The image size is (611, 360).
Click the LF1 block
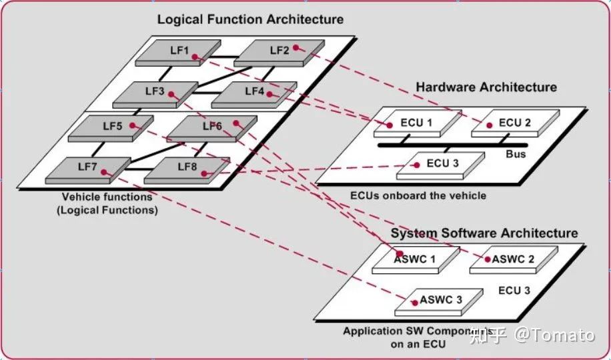coord(178,52)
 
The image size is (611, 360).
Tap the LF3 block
coord(155,93)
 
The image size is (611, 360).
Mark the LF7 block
coord(87,168)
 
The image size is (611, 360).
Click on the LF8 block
coord(187,169)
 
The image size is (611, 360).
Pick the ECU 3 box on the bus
coord(438,164)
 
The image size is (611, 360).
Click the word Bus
coord(516,154)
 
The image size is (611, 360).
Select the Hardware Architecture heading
coord(486,87)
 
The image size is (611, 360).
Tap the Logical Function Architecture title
coord(250,19)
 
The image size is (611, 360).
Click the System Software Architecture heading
coord(484,233)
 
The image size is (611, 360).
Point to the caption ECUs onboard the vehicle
coord(418,195)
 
